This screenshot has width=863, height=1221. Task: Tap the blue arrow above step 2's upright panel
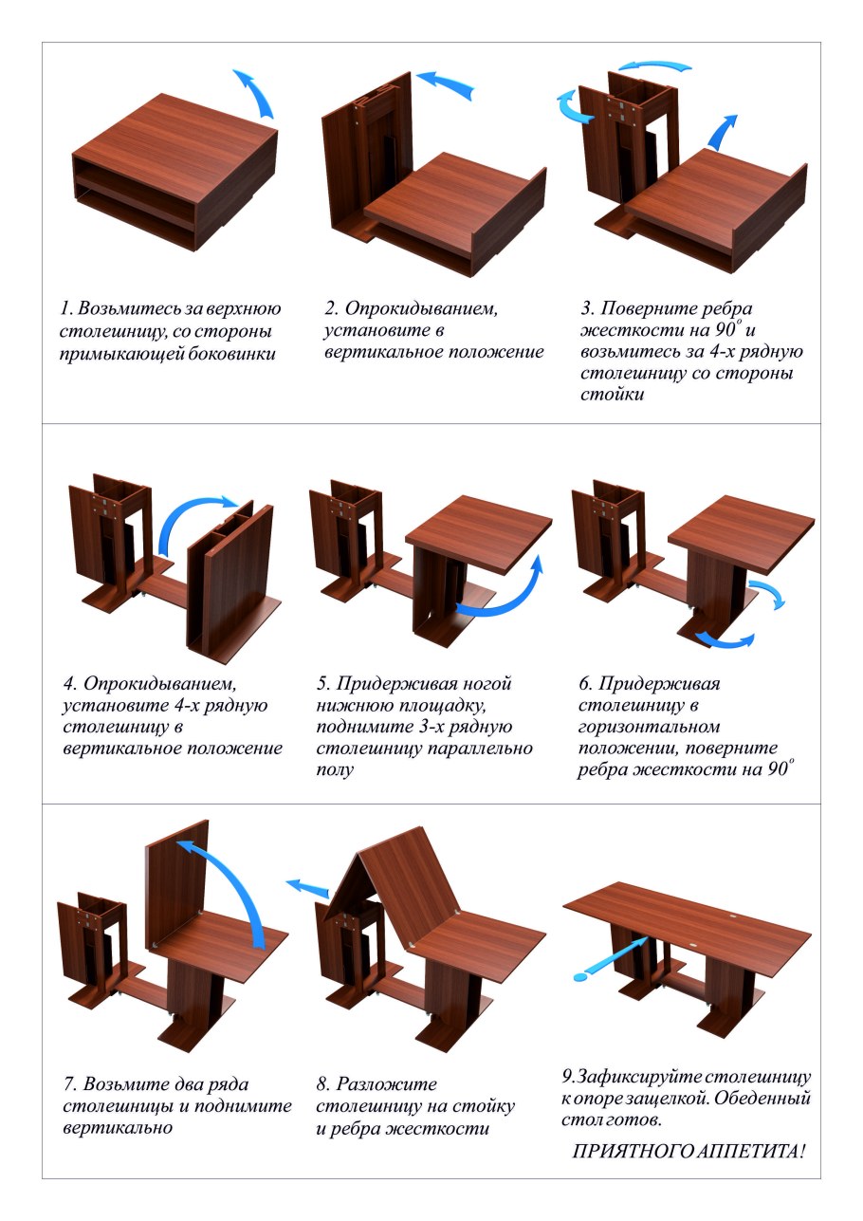444,83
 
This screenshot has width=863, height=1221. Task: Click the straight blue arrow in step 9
612,959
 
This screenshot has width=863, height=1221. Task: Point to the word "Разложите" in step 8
386,1084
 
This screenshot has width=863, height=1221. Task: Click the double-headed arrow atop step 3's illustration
655,67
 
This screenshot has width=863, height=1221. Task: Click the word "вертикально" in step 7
118,1127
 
